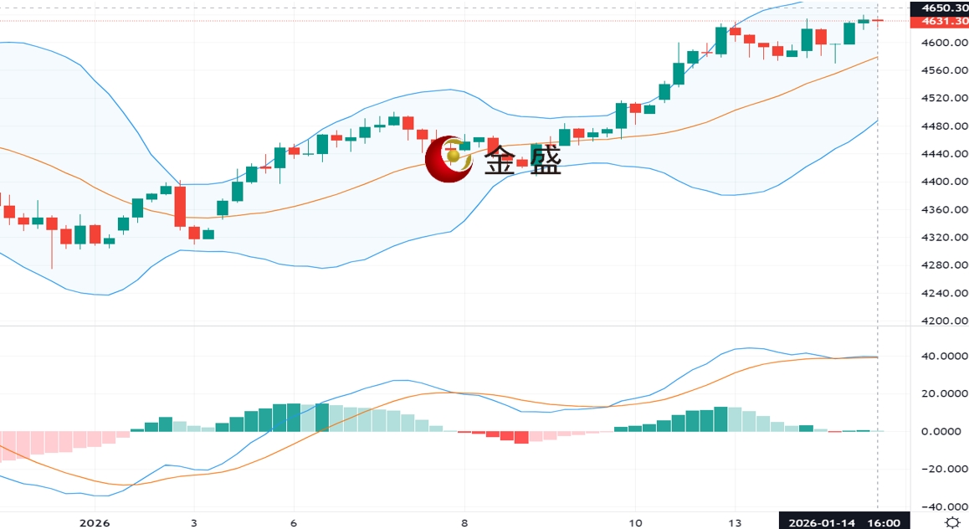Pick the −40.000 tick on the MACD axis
point(942,507)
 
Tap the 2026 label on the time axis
point(94,523)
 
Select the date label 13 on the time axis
point(735,523)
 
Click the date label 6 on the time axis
point(294,523)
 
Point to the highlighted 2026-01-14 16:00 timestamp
point(842,523)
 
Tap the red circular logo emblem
point(449,158)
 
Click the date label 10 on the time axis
point(635,523)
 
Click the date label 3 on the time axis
point(194,523)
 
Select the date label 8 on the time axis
point(464,523)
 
